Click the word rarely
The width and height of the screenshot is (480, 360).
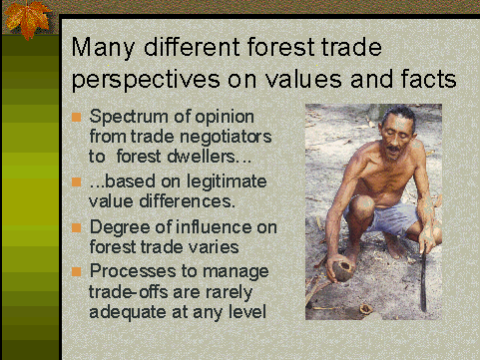click(x=232, y=288)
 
